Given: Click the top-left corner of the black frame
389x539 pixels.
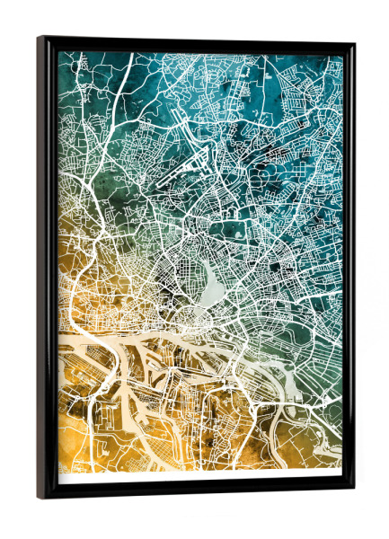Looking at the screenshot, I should [40, 39].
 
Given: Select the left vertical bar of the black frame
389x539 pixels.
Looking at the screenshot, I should [48, 269].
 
